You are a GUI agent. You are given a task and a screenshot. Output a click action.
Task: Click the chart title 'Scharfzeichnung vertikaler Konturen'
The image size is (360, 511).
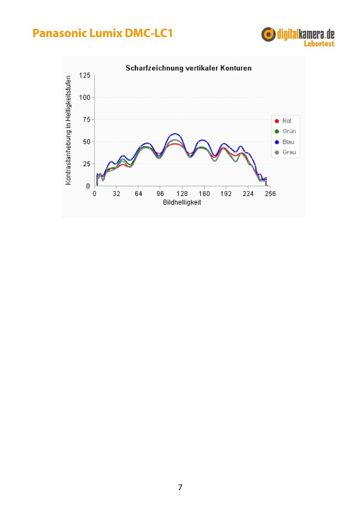pos(188,68)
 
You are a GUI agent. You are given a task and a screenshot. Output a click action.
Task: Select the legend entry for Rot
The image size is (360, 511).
pos(286,121)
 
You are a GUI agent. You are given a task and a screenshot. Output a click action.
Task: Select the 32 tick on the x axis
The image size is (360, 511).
pos(117,194)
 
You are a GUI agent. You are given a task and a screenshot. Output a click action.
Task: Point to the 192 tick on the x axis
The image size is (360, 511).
pos(227,194)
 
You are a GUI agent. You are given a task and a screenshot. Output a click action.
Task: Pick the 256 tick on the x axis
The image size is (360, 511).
pos(271,194)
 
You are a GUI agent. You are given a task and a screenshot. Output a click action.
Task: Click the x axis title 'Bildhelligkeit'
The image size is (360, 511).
pos(182,202)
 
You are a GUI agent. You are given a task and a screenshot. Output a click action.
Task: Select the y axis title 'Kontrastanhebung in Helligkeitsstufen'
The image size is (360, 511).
pos(69,130)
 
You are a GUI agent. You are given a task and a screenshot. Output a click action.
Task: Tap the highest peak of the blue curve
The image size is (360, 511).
pos(175,134)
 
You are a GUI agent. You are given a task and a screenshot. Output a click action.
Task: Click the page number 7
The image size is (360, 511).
pos(180,487)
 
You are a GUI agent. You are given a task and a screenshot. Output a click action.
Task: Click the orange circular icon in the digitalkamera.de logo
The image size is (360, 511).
pos(269,35)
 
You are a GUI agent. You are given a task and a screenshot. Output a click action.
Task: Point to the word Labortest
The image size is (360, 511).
pos(319,44)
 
